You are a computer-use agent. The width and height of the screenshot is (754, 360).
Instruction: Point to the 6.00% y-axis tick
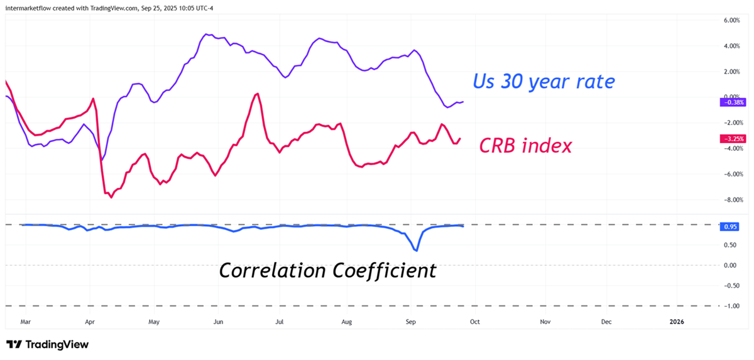pos(732,20)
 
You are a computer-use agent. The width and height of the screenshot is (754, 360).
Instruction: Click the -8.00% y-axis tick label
pos(731,200)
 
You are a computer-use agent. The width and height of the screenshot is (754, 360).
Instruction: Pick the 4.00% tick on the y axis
pos(732,46)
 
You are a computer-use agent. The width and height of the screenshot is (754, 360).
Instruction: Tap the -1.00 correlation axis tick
pos(731,306)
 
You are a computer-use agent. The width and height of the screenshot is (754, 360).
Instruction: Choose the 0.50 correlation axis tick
pos(732,245)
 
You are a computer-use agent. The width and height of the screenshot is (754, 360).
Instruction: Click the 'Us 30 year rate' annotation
pos(544,81)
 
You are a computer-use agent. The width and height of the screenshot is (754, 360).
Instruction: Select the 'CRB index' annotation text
pos(525,146)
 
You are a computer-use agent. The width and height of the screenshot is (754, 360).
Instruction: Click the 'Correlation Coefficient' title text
pos(327,270)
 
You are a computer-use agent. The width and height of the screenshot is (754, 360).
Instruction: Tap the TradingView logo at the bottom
pos(47,345)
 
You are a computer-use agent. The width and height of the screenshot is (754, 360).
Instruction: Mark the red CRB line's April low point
pos(111,197)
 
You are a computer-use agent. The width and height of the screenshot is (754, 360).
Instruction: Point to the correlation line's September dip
pos(416,251)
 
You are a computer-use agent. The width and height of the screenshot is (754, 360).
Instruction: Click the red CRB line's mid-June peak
pos(257,94)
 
